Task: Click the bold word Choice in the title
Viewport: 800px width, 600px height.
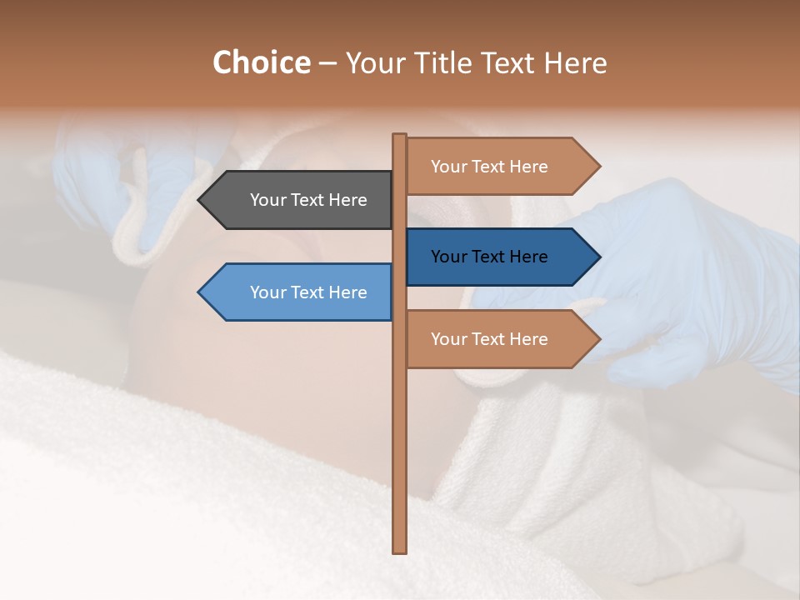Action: pyautogui.click(x=261, y=62)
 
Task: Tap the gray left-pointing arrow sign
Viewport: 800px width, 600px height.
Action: pyautogui.click(x=300, y=200)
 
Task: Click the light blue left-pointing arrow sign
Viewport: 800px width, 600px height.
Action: pyautogui.click(x=300, y=292)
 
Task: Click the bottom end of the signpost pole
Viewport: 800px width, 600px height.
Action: pyautogui.click(x=400, y=550)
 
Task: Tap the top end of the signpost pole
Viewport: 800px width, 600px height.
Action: pyautogui.click(x=400, y=136)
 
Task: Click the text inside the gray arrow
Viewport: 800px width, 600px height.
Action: pyautogui.click(x=308, y=200)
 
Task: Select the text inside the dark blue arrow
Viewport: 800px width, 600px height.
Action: pyautogui.click(x=489, y=257)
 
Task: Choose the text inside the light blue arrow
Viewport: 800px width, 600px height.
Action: pyautogui.click(x=308, y=292)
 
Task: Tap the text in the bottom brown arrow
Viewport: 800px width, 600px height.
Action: pyautogui.click(x=489, y=339)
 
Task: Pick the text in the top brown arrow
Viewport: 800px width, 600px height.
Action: pyautogui.click(x=489, y=167)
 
